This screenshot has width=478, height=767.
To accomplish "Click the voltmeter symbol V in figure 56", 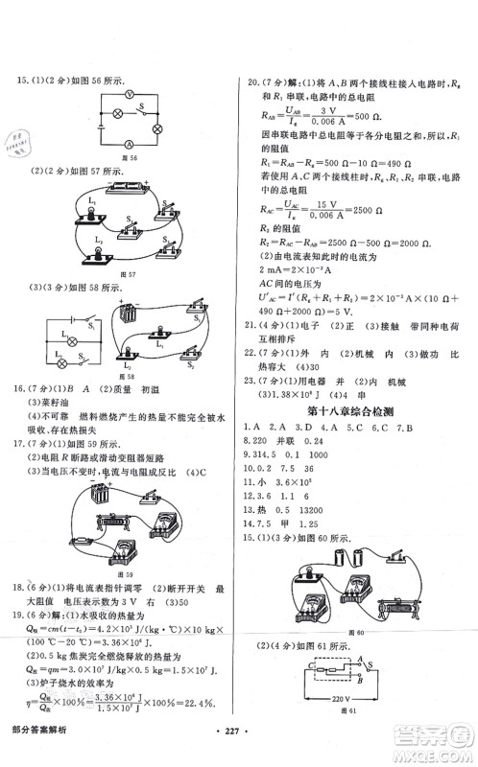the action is pyautogui.click(x=126, y=97).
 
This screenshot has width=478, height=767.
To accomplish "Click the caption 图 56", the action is pyautogui.click(x=123, y=156).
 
